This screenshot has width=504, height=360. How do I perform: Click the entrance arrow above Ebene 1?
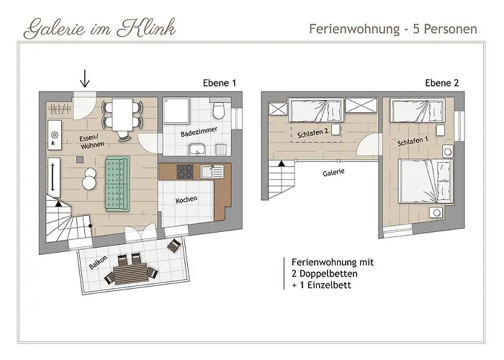tap(85, 78)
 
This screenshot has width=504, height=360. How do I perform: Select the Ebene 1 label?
tap(220, 84)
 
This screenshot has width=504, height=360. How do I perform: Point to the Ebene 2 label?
tap(442, 84)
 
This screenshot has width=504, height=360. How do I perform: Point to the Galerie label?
tap(333, 172)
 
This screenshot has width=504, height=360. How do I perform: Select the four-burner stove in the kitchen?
tap(185, 171)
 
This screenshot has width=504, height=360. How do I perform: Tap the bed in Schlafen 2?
tap(317, 112)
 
